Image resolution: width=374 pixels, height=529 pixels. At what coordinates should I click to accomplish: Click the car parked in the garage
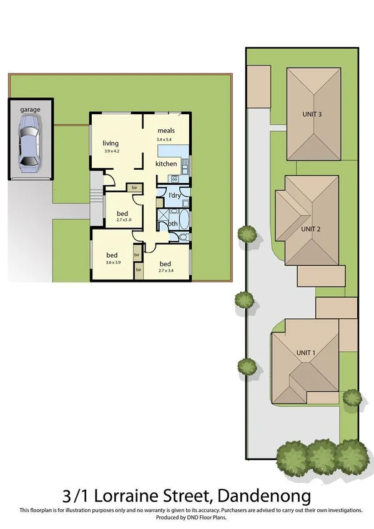(29, 145)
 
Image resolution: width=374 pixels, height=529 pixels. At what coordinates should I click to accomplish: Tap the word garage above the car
(29, 109)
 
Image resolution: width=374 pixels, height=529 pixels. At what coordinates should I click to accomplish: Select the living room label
(111, 143)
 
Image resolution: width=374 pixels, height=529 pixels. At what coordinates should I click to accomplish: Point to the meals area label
(165, 130)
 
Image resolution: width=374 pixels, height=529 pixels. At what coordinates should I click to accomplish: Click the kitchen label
(166, 163)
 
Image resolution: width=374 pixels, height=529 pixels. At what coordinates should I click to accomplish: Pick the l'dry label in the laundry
(175, 196)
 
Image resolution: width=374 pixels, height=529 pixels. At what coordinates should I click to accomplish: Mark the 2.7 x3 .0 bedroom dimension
(122, 220)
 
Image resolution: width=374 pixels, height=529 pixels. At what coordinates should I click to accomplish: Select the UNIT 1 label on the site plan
(306, 352)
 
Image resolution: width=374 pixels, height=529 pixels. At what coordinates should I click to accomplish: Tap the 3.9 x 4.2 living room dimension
(111, 150)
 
